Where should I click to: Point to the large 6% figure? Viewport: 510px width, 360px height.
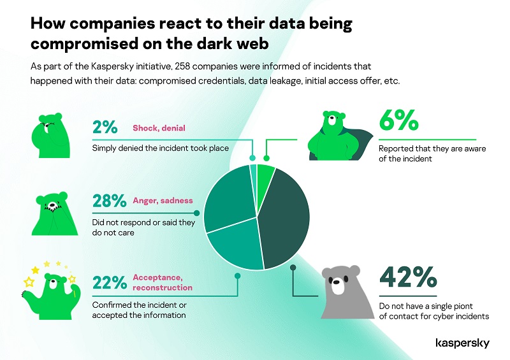point(398,121)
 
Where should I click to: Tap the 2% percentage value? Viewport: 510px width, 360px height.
point(105,128)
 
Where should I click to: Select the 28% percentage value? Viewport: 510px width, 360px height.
point(110,201)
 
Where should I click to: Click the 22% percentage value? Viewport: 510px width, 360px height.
point(110,281)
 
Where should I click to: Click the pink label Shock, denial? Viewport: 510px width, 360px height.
point(159,128)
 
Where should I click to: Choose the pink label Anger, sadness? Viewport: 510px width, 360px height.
point(163,201)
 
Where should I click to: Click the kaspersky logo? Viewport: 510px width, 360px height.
point(462,343)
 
